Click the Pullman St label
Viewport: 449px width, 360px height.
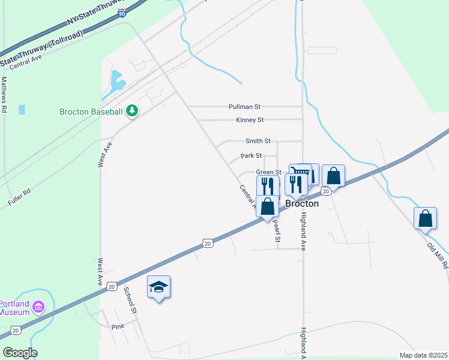click(244, 107)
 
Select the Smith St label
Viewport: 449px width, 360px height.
click(258, 141)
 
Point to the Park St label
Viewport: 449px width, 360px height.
click(251, 155)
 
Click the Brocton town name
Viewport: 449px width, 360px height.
click(301, 203)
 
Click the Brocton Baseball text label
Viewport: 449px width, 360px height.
click(91, 112)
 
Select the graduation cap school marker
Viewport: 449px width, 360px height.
click(159, 287)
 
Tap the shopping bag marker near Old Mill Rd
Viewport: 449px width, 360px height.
click(425, 219)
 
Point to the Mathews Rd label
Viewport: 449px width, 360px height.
click(4, 94)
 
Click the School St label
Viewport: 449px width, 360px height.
click(130, 299)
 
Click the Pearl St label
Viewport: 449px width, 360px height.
click(277, 230)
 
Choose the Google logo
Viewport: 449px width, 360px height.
click(20, 352)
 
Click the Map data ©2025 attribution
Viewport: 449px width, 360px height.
click(423, 355)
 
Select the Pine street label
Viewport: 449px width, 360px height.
click(118, 327)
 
